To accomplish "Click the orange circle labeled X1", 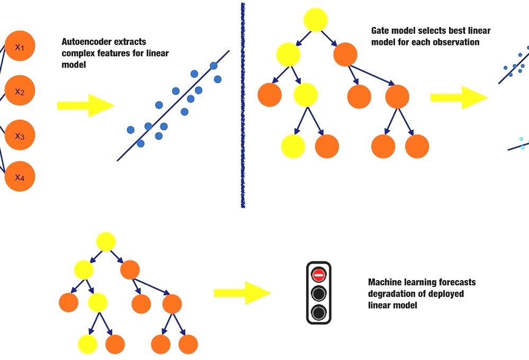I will tap(20, 47).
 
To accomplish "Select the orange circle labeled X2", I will tap(20, 92).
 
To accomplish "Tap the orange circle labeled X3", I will tap(20, 136).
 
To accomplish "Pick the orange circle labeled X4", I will tap(20, 177).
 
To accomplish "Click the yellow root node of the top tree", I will tap(316, 20).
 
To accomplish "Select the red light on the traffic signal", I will tap(318, 274).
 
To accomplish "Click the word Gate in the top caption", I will tap(380, 31).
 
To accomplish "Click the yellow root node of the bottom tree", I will tap(106, 242).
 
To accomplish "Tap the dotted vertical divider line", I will tap(243, 106).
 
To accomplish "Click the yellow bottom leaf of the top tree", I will tap(293, 146).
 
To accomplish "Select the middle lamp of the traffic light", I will tap(318, 293).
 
